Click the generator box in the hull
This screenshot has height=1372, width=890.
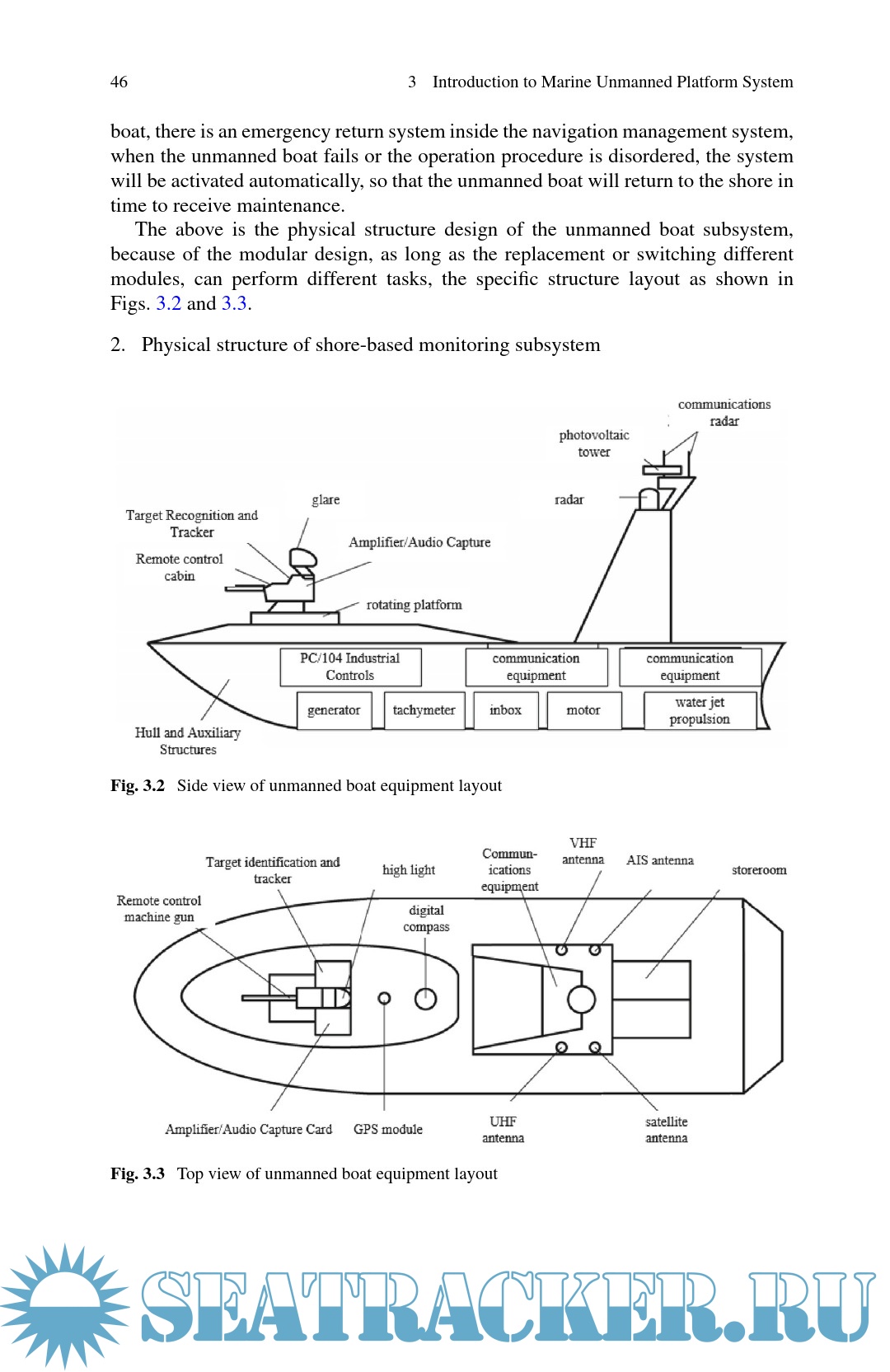[x=334, y=710]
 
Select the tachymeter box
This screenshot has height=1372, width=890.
[x=424, y=710]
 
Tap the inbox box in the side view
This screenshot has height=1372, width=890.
[x=505, y=710]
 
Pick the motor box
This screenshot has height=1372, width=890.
[x=583, y=710]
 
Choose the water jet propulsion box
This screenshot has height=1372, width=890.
[x=700, y=710]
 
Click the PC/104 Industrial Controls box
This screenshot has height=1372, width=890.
[x=350, y=667]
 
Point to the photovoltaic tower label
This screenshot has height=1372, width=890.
[x=594, y=443]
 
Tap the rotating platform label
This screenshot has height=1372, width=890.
[x=414, y=605]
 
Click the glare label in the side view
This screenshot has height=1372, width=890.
[x=326, y=499]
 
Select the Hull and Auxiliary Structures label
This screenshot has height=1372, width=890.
[x=188, y=741]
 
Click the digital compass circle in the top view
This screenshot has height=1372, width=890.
[x=425, y=999]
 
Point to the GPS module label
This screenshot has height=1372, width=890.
[x=388, y=1129]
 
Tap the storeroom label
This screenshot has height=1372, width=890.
[x=759, y=870]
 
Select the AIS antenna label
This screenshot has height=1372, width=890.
[x=659, y=860]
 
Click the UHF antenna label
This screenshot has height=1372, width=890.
[x=503, y=1130]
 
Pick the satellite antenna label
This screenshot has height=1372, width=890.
[x=666, y=1130]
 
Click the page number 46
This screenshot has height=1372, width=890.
[x=119, y=82]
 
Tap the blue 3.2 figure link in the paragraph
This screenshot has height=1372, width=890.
[x=168, y=303]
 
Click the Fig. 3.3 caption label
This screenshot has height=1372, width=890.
[x=138, y=1173]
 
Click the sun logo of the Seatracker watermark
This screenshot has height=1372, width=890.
[x=64, y=1305]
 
